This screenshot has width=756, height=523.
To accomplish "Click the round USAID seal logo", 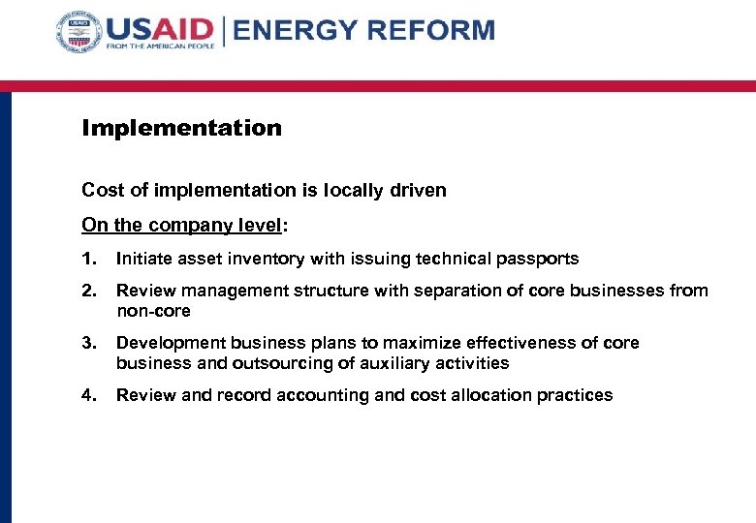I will pos(79,36).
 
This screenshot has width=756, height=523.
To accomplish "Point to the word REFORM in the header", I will pos(430,30).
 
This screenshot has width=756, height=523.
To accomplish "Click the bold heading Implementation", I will pos(181,128).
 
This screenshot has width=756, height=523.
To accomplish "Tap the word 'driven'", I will pos(419,191).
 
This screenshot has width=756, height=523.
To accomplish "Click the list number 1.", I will pos(88,259).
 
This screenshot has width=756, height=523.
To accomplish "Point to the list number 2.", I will pos(88,291).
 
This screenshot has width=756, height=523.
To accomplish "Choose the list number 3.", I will pos(88,343).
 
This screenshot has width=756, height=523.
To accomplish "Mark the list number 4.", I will pos(88,395).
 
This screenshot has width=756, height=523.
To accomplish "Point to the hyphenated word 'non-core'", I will pos(153,311).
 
